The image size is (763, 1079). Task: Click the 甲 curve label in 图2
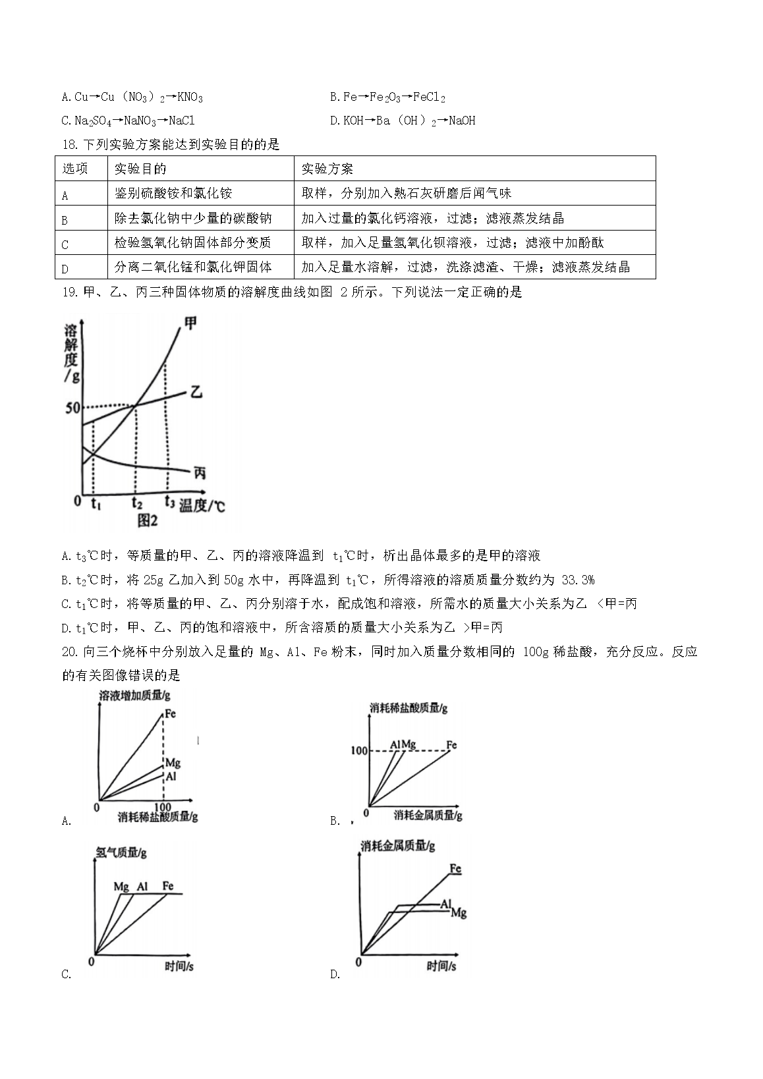190,324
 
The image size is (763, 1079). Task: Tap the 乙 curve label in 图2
195,393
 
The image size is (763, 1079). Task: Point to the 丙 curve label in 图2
200,472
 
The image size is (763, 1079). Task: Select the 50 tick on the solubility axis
72,408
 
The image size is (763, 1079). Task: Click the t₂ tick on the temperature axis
136,504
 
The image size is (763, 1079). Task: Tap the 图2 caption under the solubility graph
148,521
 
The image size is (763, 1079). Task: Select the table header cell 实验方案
327,169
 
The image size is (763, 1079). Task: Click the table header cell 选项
75,169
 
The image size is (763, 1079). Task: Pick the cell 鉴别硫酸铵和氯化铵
173,194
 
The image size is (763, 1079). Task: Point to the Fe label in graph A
170,713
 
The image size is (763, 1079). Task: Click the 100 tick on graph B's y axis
359,751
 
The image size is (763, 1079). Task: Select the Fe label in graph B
451,745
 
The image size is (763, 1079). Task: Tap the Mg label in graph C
121,887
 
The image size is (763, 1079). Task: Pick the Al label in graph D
446,904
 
